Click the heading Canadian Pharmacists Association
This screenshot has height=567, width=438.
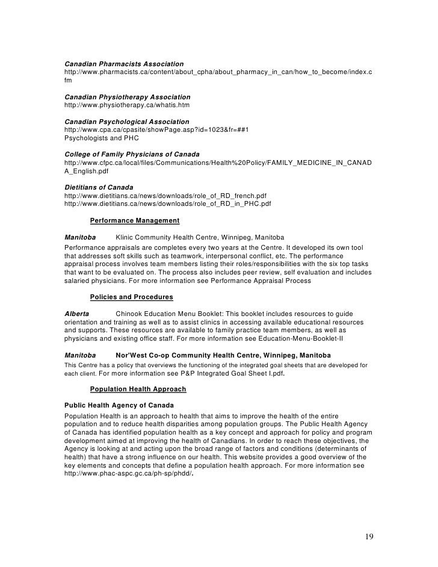coord(124,64)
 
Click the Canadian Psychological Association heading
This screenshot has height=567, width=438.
coord(126,122)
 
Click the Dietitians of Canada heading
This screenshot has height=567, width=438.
coord(99,188)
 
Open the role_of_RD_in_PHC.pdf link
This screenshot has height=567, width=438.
coord(167,204)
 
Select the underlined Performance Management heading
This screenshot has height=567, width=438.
coord(134,221)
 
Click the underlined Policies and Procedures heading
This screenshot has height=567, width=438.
coord(131,297)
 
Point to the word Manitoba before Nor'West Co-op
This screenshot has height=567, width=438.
coord(80,355)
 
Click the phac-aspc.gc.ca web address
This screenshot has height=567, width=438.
coord(129,474)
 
